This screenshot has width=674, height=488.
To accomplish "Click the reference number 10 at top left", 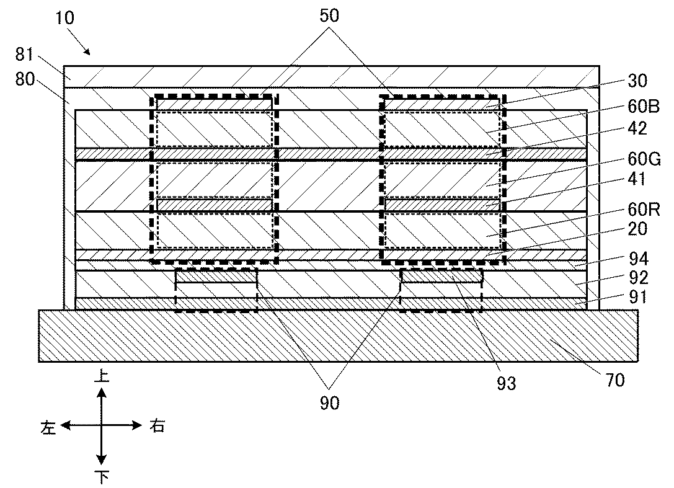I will click(x=64, y=17).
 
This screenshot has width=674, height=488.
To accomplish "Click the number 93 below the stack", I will click(x=506, y=384).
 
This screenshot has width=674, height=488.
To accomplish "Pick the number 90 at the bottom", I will click(x=330, y=403).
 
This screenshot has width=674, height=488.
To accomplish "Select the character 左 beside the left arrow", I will click(x=48, y=427).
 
